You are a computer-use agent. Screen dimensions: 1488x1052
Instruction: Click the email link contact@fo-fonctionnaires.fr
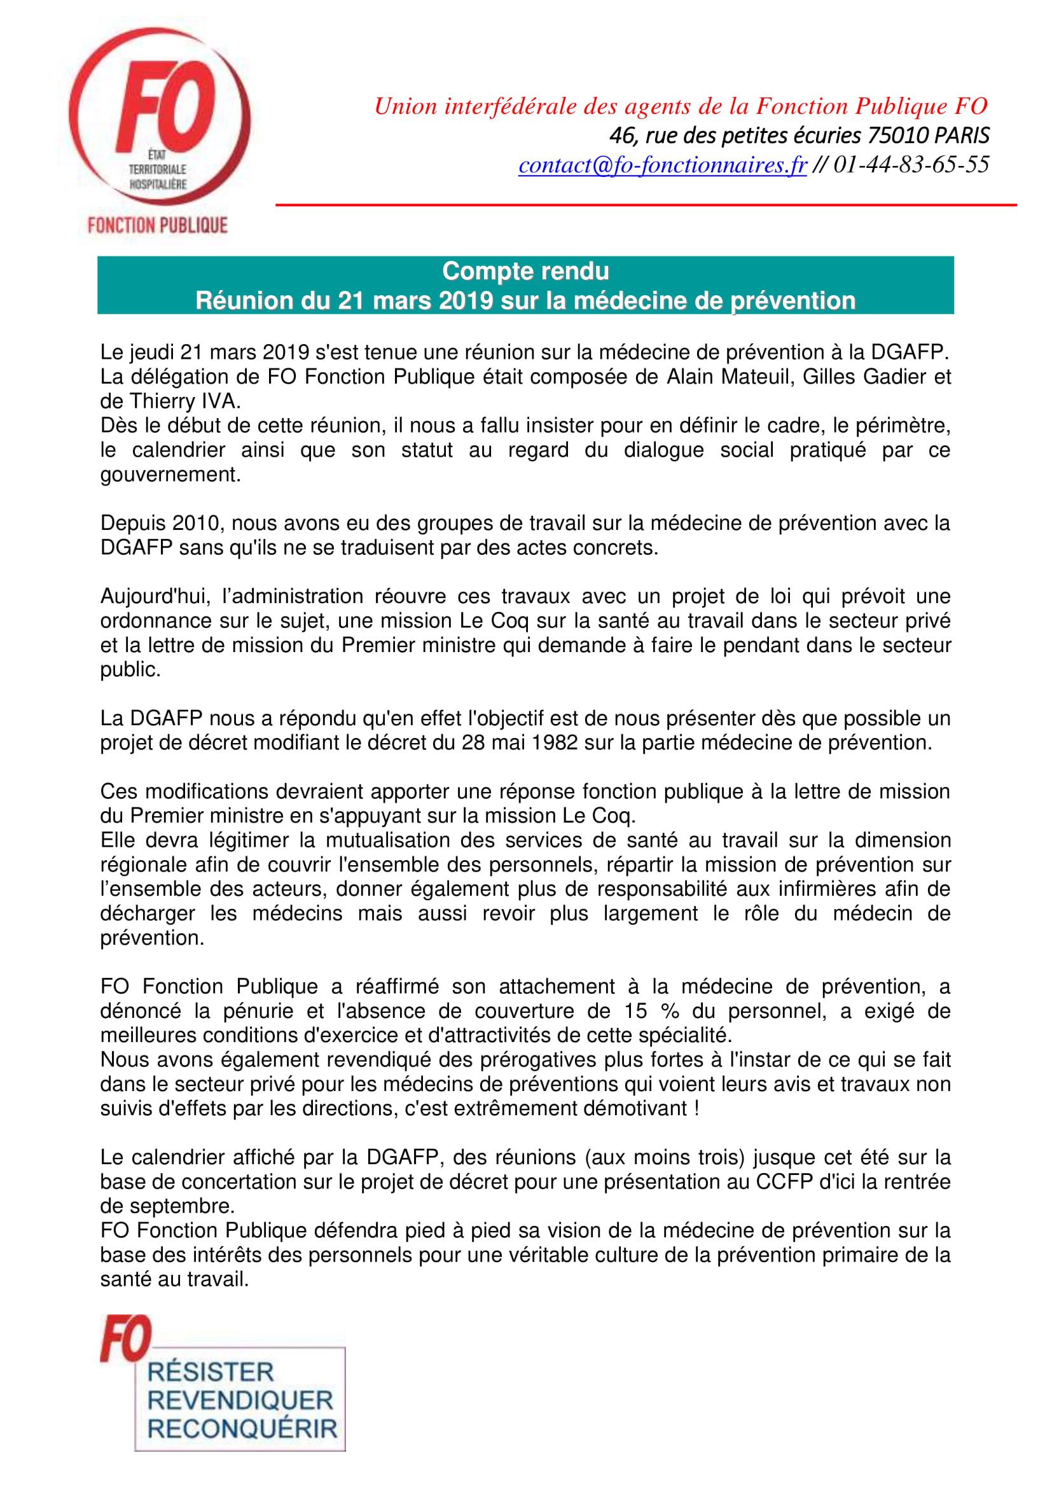[662, 166]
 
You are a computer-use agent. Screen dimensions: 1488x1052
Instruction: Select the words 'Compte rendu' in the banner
[525, 271]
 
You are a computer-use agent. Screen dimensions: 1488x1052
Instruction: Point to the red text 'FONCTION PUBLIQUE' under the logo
[157, 226]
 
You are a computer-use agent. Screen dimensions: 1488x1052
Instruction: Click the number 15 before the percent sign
[636, 1011]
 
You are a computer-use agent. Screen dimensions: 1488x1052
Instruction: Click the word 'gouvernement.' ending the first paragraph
[170, 475]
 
